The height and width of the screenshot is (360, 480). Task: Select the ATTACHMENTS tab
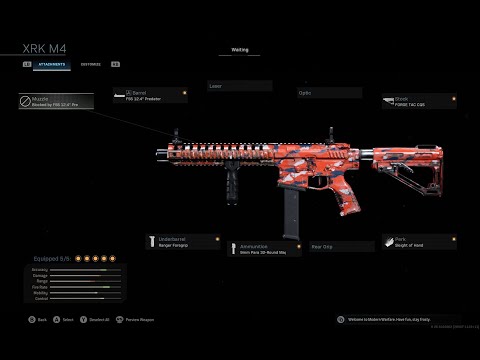(x=53, y=64)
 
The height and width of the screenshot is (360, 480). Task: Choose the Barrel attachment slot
(x=156, y=95)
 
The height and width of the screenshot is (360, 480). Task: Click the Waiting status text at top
(x=239, y=47)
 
